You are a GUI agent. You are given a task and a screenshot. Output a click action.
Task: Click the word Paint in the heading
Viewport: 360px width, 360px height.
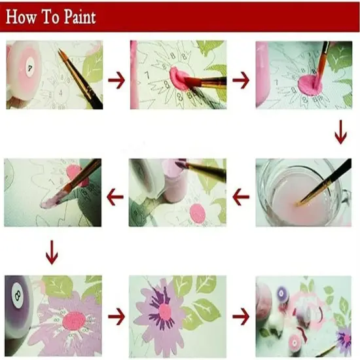click(79, 17)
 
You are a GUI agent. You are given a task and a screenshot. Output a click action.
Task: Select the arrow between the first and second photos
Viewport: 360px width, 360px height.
click(117, 81)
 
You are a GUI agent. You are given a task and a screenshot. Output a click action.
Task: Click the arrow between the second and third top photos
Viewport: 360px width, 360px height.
click(241, 81)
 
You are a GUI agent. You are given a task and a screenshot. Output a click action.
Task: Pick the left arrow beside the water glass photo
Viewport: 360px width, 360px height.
click(242, 194)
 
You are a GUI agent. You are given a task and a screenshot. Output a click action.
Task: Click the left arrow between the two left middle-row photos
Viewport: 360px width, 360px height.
click(116, 194)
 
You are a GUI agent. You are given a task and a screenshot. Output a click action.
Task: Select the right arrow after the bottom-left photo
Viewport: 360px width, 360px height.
click(117, 317)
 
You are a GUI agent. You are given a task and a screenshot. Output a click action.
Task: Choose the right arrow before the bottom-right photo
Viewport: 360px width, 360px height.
click(241, 317)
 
